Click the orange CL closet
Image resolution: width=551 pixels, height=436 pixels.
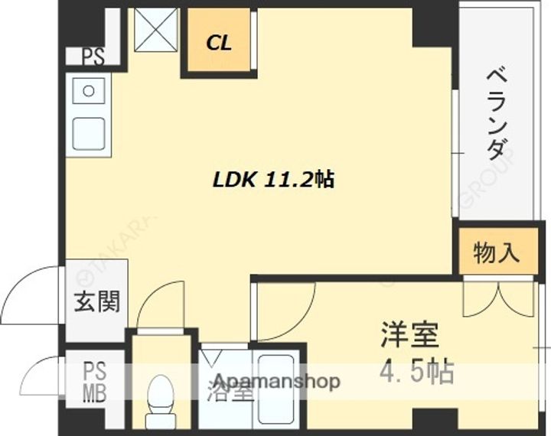pos(219,43)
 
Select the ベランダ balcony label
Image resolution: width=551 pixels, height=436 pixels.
pos(497,115)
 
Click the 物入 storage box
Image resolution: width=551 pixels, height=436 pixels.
pos(497,252)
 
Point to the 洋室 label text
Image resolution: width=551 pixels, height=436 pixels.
pos(410,337)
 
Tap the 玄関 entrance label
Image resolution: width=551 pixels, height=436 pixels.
pos(96,302)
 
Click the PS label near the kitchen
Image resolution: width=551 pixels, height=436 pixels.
pos(93,57)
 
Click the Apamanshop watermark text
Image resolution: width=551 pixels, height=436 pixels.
pos(276,381)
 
